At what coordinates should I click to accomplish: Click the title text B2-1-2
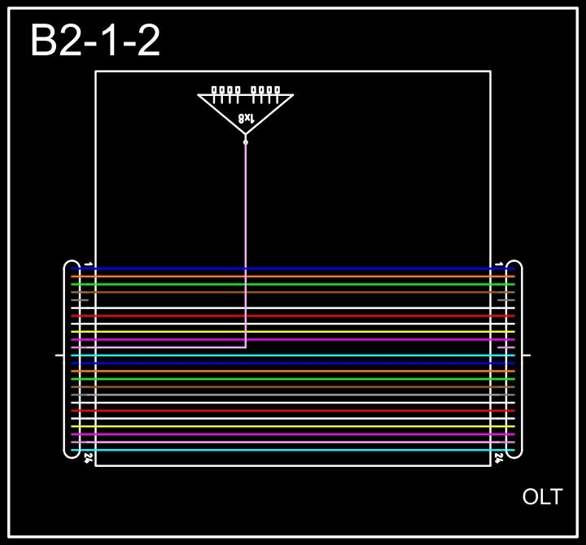(x=95, y=41)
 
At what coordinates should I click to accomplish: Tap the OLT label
(x=542, y=497)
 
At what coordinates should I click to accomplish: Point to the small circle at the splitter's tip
(x=245, y=142)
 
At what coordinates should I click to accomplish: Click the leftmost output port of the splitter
(x=214, y=90)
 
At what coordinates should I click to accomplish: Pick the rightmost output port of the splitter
(x=278, y=90)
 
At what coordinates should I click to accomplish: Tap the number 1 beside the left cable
(x=88, y=264)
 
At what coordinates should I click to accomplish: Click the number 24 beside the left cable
(x=88, y=459)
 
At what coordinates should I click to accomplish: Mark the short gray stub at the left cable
(x=79, y=300)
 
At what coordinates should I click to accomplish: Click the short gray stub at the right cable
(x=506, y=300)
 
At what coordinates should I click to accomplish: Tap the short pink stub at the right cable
(x=505, y=347)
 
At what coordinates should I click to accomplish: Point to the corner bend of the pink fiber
(x=245, y=347)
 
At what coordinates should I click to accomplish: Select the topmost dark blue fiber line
(x=293, y=268)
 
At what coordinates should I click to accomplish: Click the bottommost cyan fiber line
(x=293, y=450)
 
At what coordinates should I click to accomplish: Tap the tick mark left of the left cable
(x=59, y=355)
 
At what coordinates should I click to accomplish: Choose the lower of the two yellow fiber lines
(x=293, y=426)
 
